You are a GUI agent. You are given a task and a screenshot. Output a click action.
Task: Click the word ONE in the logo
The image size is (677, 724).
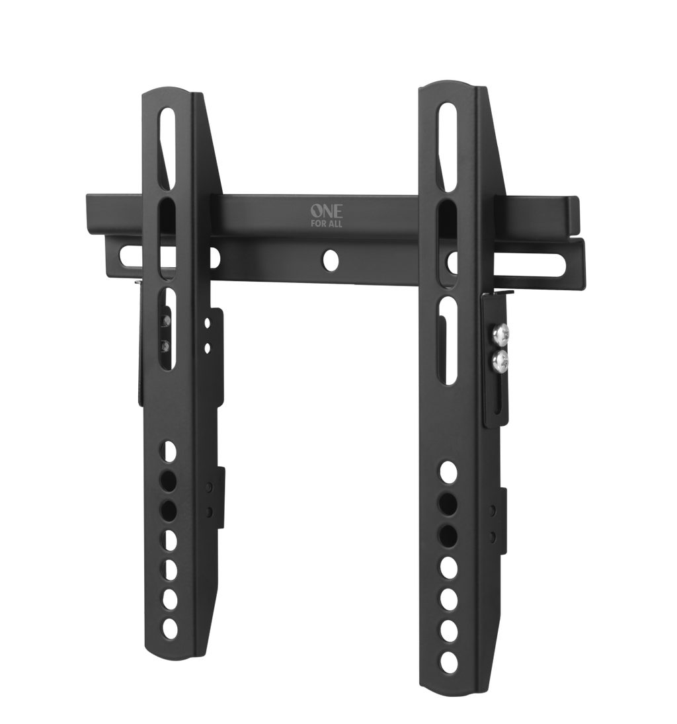coord(327,212)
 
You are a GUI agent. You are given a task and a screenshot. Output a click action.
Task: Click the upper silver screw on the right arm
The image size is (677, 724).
coord(500,333)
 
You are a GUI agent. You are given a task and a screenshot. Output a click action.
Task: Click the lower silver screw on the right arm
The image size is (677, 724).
coord(500,360)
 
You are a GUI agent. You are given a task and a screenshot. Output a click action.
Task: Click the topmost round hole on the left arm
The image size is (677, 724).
coord(169,452)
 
